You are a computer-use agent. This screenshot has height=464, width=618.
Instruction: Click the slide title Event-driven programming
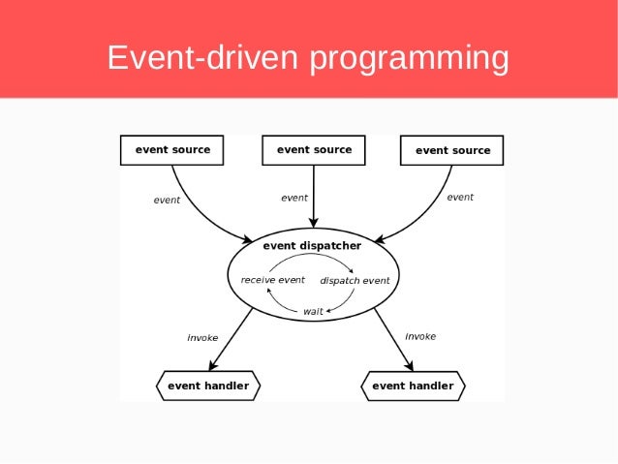308,57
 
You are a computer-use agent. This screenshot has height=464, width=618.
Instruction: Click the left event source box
172,150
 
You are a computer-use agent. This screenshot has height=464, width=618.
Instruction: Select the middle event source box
314,150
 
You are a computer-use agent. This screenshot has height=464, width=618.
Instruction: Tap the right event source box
452,150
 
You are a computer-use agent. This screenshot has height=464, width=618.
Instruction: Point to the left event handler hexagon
207,386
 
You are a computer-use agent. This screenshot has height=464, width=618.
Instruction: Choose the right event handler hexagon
413,386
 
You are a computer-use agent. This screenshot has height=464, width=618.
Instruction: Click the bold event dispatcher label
312,246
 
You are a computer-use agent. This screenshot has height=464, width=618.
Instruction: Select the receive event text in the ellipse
272,280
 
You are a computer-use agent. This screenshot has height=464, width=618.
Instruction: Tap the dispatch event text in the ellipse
355,281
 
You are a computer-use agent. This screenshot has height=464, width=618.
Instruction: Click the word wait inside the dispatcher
313,311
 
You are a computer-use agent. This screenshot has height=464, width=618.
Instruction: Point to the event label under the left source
167,201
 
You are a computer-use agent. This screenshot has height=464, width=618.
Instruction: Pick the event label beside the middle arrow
294,198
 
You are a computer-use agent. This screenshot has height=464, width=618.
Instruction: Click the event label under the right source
460,197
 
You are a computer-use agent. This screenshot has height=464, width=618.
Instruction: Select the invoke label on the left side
202,338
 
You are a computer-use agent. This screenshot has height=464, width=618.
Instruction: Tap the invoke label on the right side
420,336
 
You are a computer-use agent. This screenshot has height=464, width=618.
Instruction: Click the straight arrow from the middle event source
314,199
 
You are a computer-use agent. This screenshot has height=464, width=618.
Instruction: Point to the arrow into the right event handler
393,339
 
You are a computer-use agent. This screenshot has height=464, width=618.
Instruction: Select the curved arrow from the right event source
431,215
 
